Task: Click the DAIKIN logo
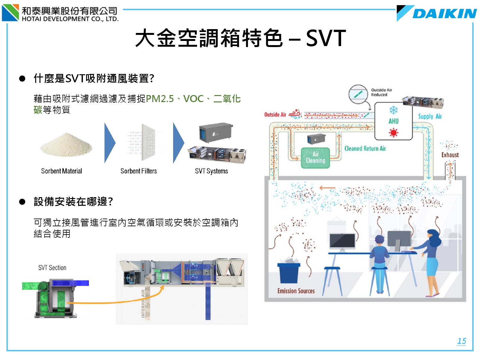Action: pyautogui.click(x=437, y=13)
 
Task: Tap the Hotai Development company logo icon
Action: pyautogui.click(x=11, y=13)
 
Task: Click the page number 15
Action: pyautogui.click(x=461, y=341)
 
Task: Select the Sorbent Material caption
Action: pyautogui.click(x=61, y=171)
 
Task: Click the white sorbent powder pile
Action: pyautogui.click(x=66, y=145)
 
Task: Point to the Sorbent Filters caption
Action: pyautogui.click(x=139, y=171)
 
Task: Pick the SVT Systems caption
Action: pyautogui.click(x=212, y=171)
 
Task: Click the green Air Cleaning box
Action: pyautogui.click(x=316, y=157)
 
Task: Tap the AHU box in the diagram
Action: pyautogui.click(x=393, y=121)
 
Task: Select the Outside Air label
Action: pyautogui.click(x=275, y=115)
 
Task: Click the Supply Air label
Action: pyautogui.click(x=430, y=116)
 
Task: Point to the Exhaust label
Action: pyautogui.click(x=450, y=155)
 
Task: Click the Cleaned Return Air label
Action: pyautogui.click(x=365, y=148)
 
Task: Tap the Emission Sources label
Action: pyautogui.click(x=296, y=291)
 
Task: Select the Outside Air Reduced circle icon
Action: pyautogui.click(x=358, y=94)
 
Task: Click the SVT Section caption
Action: pyautogui.click(x=52, y=268)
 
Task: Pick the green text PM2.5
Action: pyautogui.click(x=160, y=99)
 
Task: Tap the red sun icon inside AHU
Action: pyautogui.click(x=393, y=132)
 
